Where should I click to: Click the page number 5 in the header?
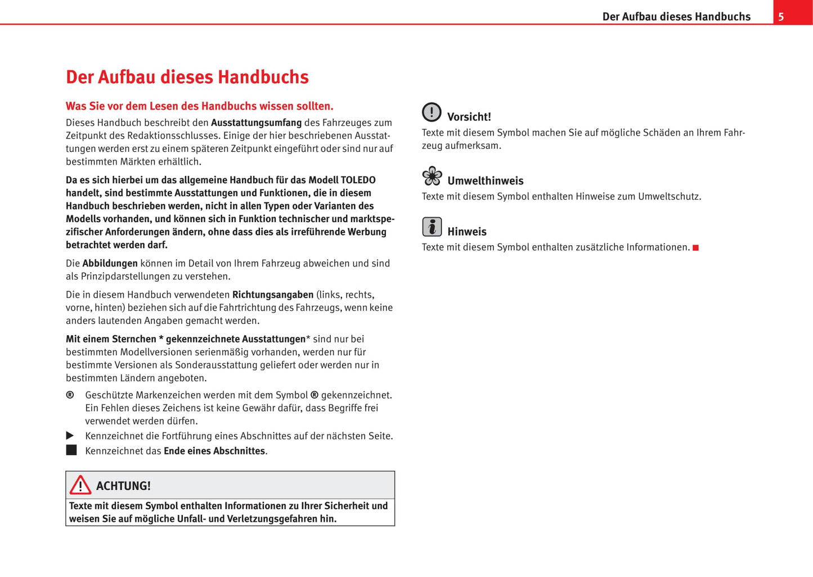[781, 17]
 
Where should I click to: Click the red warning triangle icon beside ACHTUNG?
[80, 485]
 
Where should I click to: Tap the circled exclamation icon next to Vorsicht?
[432, 112]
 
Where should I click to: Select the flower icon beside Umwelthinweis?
[432, 176]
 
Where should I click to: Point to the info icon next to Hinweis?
[432, 227]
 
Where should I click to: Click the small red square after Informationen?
[695, 248]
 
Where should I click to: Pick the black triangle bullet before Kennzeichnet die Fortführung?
[70, 436]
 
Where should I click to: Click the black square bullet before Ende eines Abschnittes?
[71, 450]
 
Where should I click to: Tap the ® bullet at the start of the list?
[70, 395]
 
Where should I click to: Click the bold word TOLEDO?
[358, 181]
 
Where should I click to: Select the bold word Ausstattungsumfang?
[256, 123]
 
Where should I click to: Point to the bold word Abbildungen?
[110, 263]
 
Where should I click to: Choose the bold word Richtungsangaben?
[273, 295]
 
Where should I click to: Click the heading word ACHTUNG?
[123, 486]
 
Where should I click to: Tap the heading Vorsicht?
[469, 117]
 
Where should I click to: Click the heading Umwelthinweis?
[485, 181]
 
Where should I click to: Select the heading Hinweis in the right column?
[467, 232]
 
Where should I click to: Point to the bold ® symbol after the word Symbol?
[315, 395]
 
